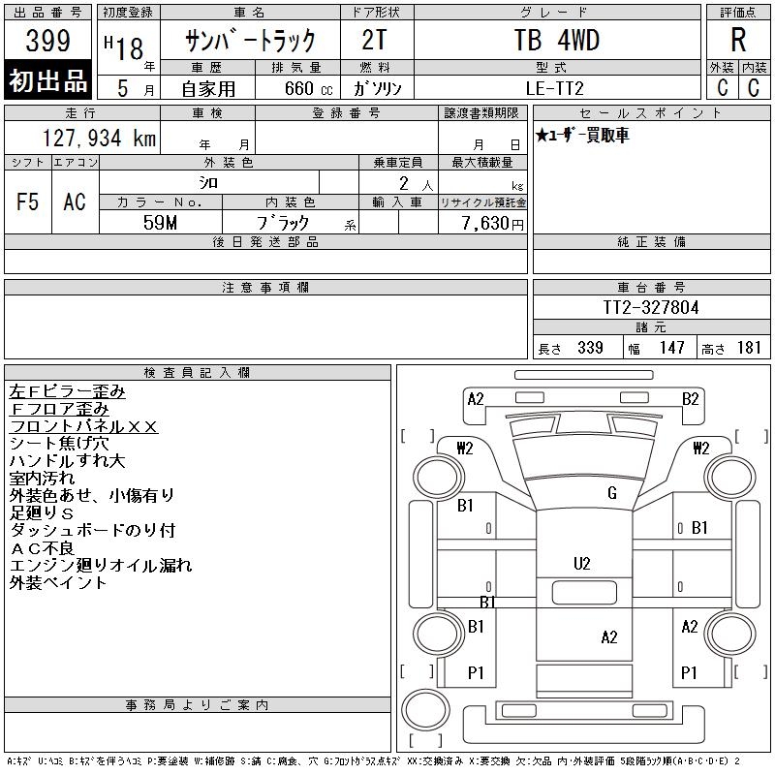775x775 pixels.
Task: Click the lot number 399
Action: (x=47, y=42)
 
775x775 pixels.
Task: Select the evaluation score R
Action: (x=737, y=41)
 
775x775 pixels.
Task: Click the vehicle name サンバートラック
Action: (x=252, y=41)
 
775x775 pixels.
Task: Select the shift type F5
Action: (x=28, y=201)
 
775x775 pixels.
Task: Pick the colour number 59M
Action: (x=161, y=223)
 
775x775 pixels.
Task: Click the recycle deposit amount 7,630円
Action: (x=492, y=223)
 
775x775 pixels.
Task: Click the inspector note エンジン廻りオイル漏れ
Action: (x=101, y=566)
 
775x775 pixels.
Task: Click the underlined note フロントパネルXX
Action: (x=83, y=426)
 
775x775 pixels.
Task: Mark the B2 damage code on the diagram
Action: (x=690, y=398)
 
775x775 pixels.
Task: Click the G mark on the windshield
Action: (x=611, y=493)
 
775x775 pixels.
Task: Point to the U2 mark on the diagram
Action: (x=582, y=563)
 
